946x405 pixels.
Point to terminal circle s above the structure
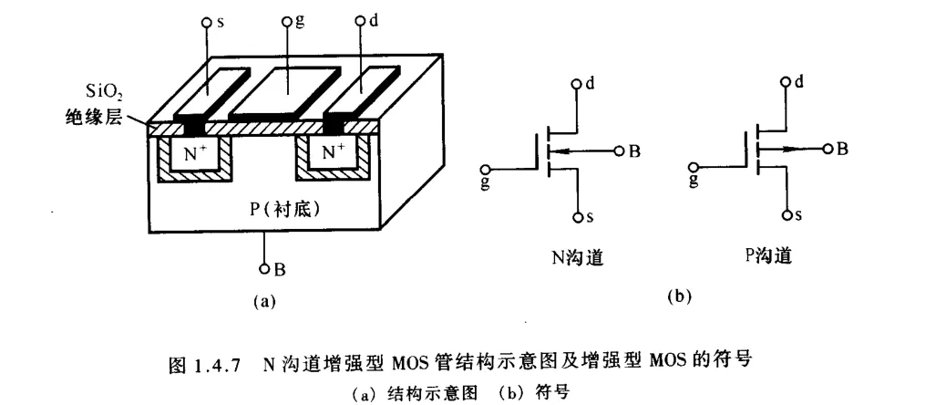click(206, 23)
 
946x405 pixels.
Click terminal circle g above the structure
click(287, 22)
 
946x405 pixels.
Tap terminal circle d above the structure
click(360, 22)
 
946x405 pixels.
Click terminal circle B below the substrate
click(264, 268)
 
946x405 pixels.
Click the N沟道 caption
click(578, 258)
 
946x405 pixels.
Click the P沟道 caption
click(767, 256)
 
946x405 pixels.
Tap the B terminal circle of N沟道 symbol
click(619, 151)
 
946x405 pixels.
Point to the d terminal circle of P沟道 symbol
click(786, 81)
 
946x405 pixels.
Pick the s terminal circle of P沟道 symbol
click(787, 215)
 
